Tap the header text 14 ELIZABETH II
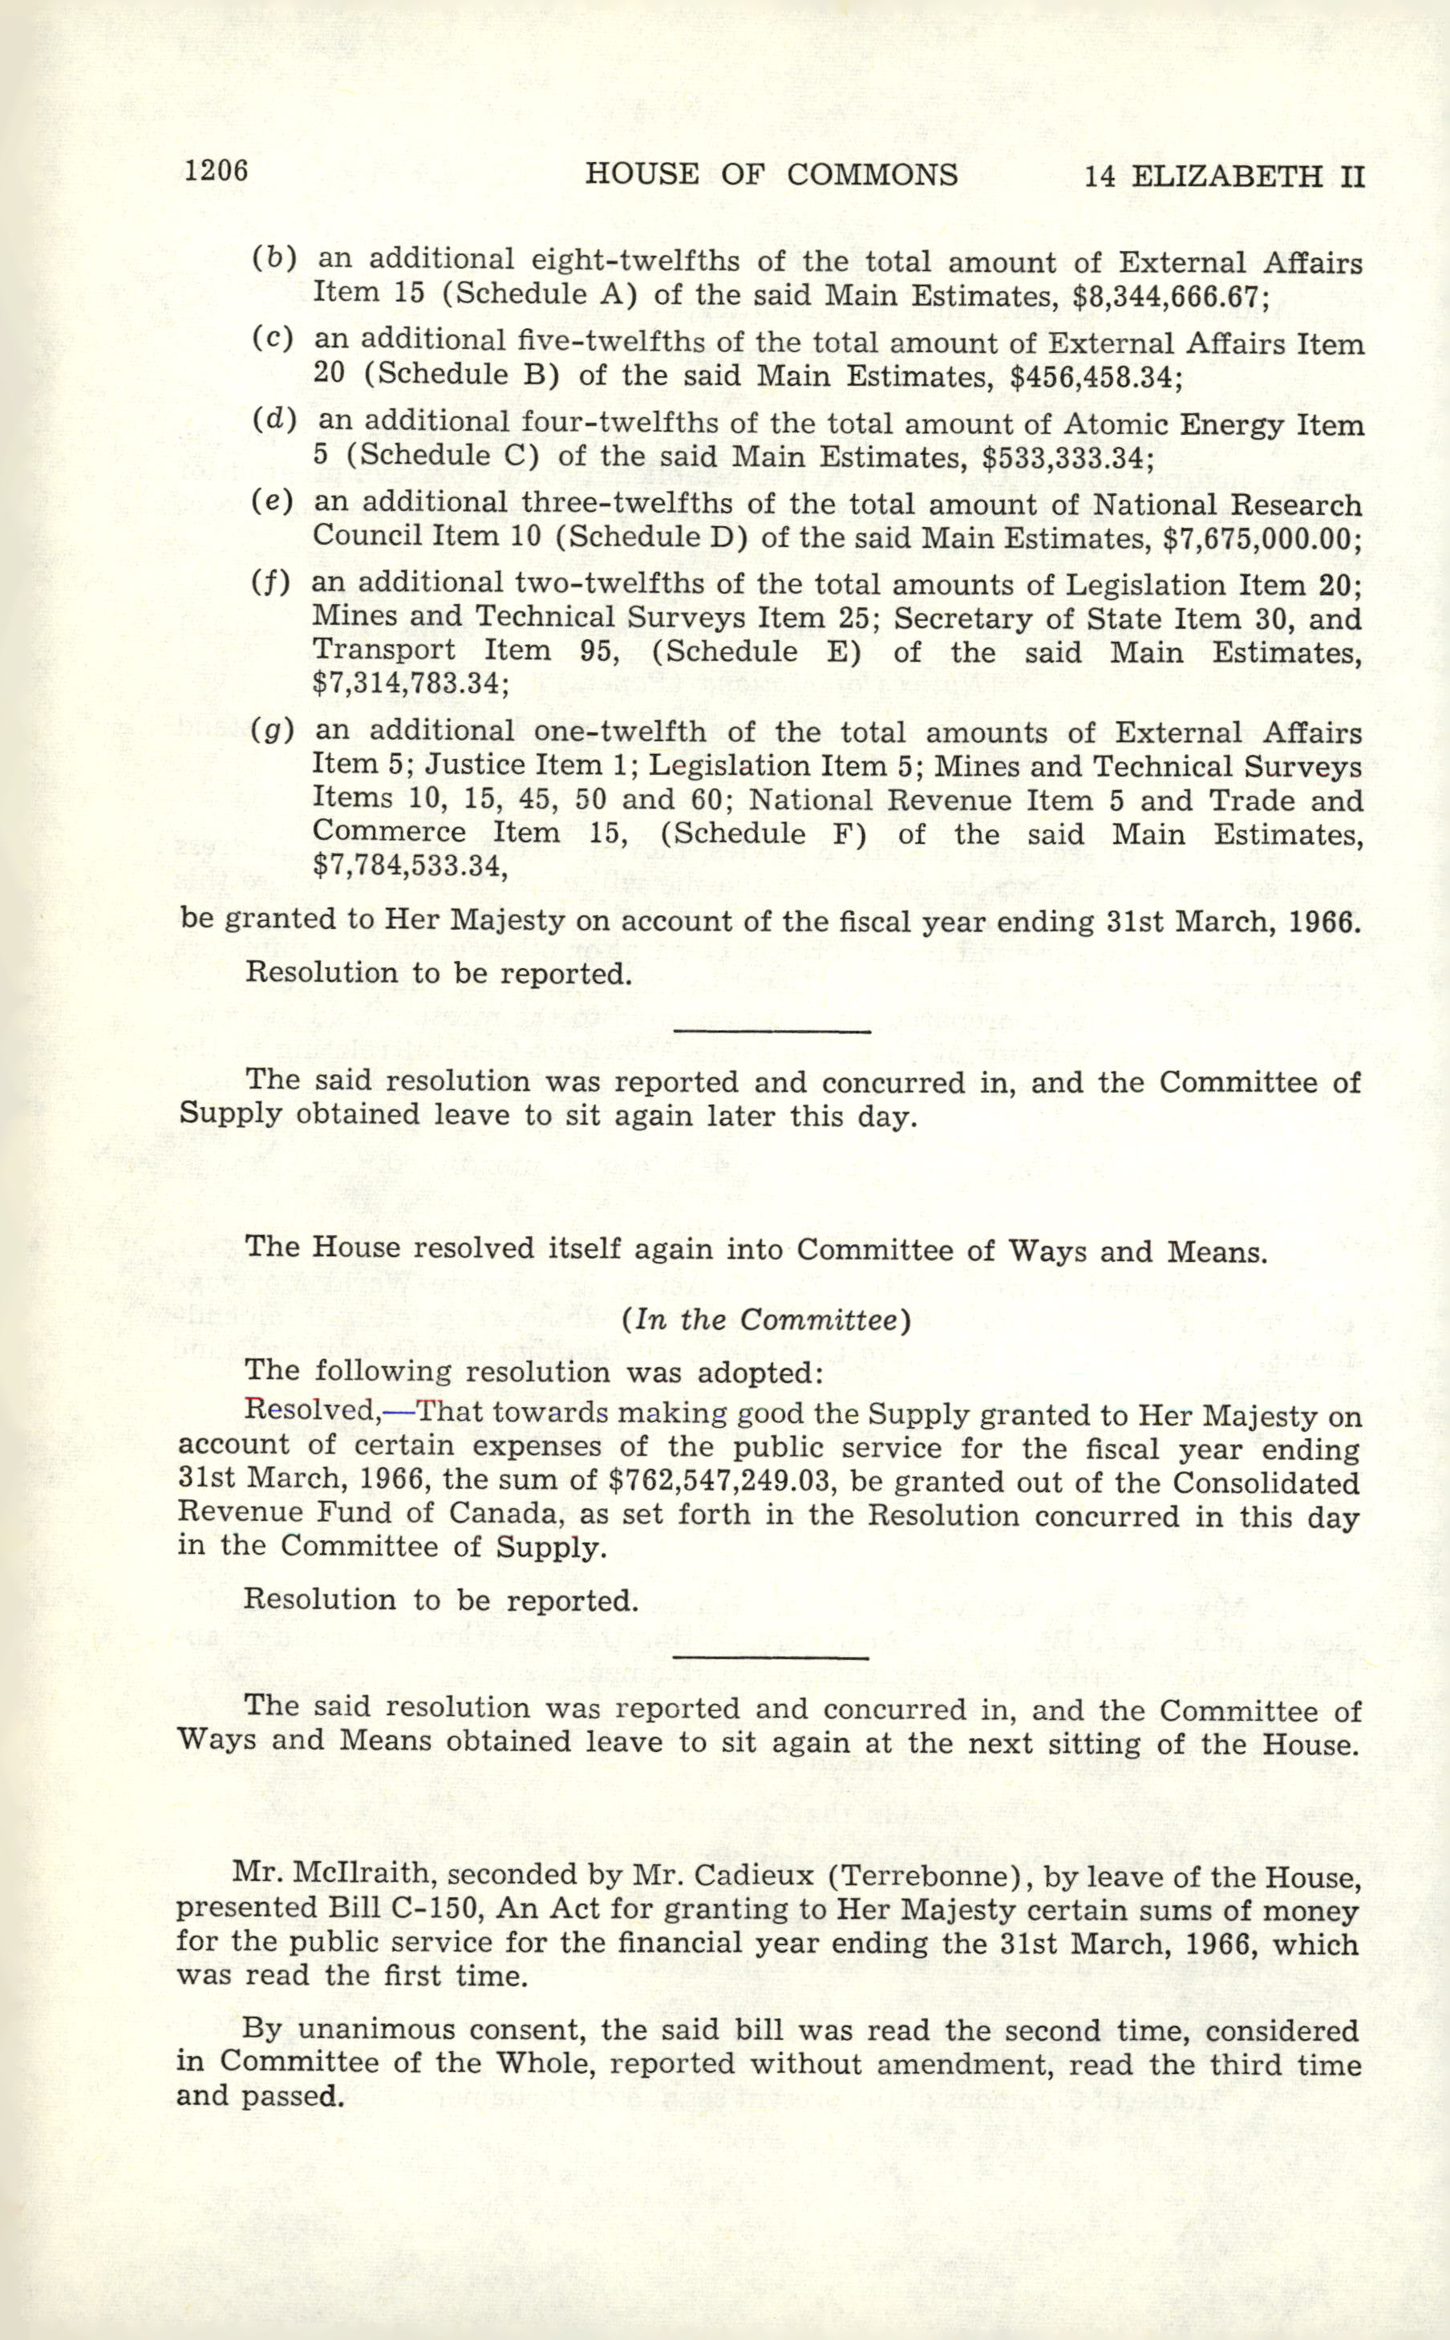click(x=1224, y=176)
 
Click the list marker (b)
click(x=274, y=259)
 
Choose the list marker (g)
click(x=273, y=732)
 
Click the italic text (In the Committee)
click(x=765, y=1320)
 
